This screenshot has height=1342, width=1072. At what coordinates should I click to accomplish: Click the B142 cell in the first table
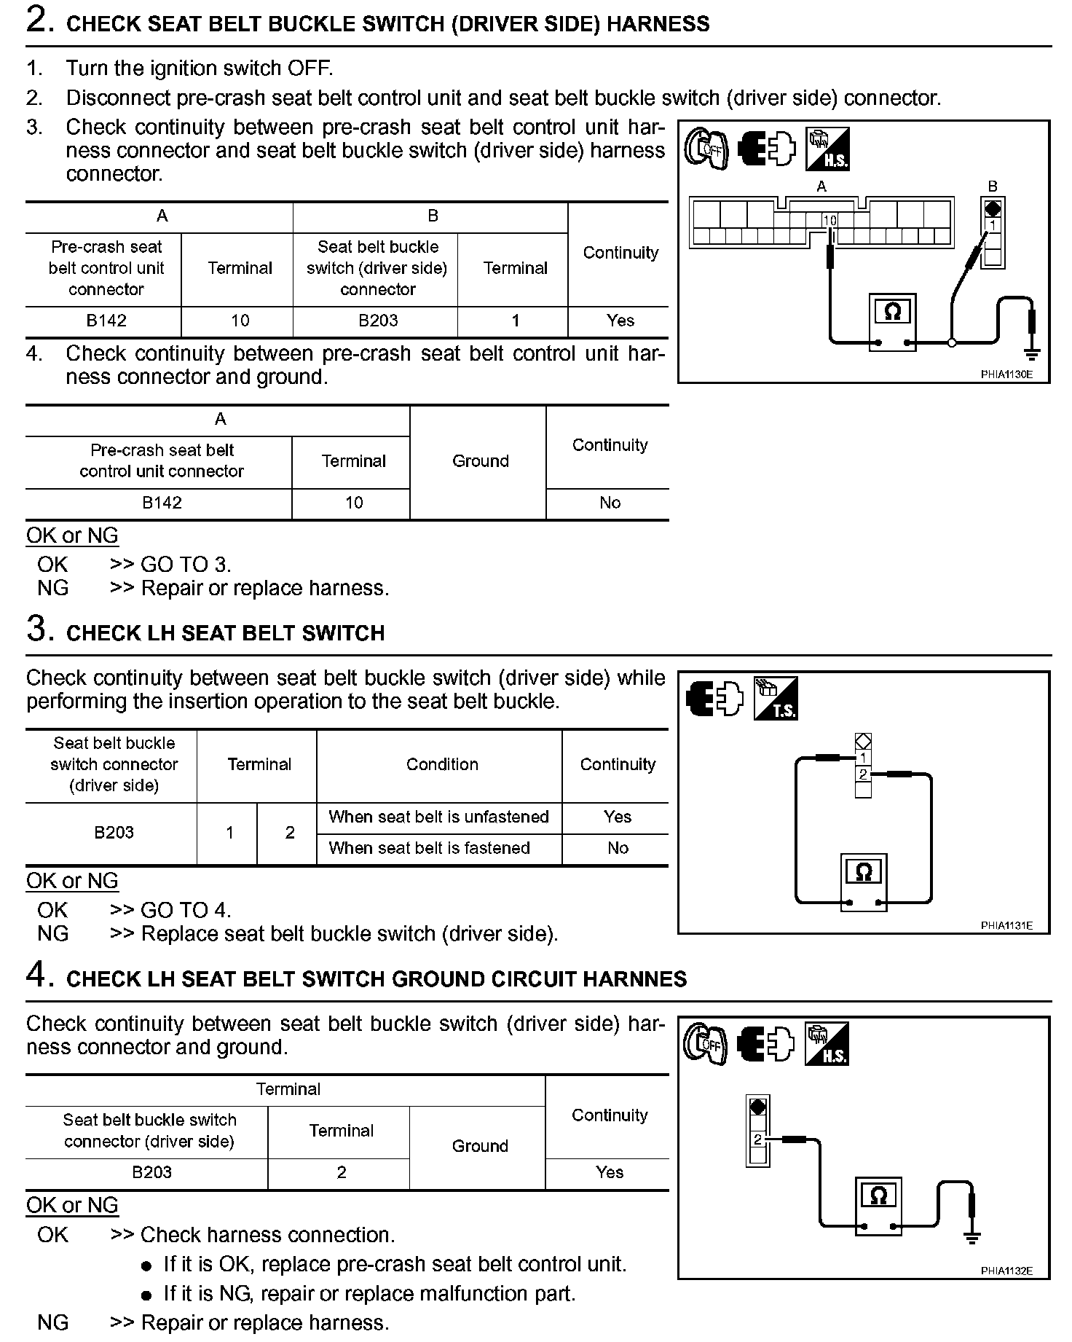106,321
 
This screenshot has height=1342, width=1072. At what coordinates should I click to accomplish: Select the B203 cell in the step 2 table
378,321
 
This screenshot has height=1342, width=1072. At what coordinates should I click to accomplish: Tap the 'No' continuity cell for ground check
610,503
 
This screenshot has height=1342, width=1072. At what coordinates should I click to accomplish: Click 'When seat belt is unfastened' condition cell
438,817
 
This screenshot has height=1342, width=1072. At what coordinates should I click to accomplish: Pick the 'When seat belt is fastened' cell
429,848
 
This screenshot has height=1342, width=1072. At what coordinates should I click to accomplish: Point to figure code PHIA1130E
1006,374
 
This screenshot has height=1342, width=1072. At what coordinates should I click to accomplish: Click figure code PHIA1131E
1006,925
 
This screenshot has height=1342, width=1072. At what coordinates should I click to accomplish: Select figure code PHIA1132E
1006,1271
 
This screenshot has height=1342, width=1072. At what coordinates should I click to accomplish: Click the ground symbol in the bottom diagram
971,1237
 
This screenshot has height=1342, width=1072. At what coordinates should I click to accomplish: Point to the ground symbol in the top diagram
1031,355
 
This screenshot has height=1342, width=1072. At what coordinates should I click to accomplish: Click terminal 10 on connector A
829,220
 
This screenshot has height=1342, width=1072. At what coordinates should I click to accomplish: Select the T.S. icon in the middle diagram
776,699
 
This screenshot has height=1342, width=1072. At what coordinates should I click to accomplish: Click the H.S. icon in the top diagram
827,149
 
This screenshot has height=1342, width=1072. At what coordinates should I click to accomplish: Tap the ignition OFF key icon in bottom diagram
705,1045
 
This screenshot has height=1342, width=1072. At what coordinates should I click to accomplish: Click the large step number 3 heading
39,629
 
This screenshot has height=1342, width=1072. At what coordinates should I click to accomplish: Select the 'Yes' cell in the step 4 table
610,1172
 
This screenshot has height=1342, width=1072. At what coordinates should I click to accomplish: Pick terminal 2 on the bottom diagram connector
758,1139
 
